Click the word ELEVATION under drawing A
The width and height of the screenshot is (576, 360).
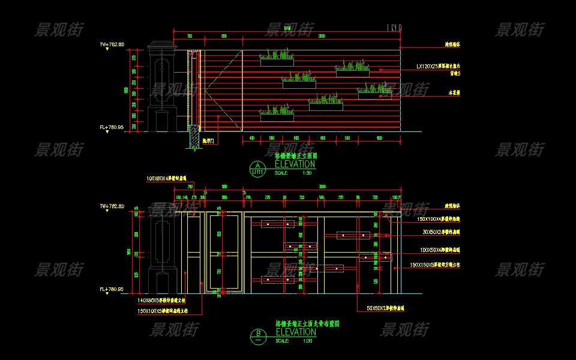pos(295,164)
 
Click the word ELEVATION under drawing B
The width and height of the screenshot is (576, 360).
pos(295,332)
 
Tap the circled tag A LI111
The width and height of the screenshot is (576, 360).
pos(257,169)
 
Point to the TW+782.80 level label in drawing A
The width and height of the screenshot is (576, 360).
pos(112,44)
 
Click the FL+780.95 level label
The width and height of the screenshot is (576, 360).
pos(112,127)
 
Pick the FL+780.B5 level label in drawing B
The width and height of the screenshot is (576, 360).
pos(112,289)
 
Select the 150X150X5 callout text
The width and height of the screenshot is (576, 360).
pos(436,265)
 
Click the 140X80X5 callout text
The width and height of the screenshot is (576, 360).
pos(162,300)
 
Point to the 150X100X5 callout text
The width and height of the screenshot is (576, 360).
pos(163,311)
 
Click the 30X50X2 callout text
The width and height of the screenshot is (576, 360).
pos(439,231)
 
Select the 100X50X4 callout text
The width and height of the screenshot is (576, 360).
pos(439,249)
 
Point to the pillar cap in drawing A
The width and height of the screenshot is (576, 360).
pos(161,46)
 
